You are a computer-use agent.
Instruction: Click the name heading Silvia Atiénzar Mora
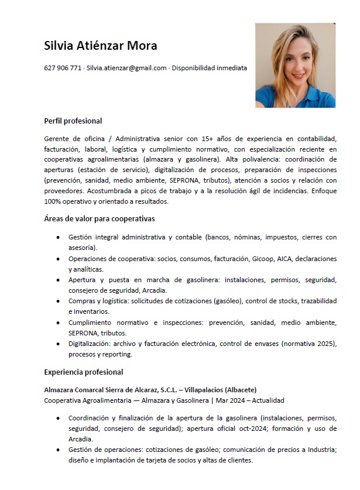click(101, 46)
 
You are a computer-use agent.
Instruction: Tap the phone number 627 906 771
click(63, 68)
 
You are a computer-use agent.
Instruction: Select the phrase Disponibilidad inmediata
click(209, 68)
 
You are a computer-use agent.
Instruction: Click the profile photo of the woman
click(295, 65)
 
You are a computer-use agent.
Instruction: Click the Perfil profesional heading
click(73, 121)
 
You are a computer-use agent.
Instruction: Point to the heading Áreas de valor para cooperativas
click(99, 219)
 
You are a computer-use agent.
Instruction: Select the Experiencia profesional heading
click(84, 372)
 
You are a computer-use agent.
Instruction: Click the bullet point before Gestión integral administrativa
click(57, 238)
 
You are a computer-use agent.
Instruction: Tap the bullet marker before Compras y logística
click(57, 301)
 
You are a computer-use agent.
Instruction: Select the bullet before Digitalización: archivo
click(57, 344)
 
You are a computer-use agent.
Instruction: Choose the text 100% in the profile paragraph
click(53, 201)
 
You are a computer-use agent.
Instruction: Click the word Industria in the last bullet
click(317, 450)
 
